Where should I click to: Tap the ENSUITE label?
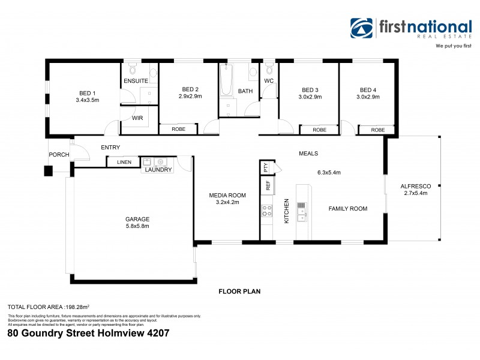pos(136,80)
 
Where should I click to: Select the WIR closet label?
pos(137,118)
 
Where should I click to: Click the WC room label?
pos(269,80)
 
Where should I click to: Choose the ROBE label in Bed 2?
pos(178,129)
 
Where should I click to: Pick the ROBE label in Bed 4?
pos(378,130)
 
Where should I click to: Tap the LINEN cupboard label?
pos(124,162)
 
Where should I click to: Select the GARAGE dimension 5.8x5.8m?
pos(137,226)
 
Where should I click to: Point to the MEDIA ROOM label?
pos(227,195)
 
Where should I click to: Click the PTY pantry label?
pos(266,167)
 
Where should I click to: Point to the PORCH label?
pos(59,155)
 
